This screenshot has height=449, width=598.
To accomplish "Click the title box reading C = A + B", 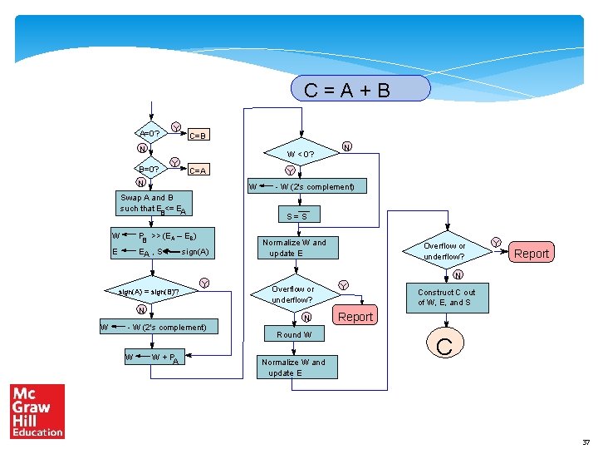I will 360,89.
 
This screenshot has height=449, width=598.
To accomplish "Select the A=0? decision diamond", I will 150,132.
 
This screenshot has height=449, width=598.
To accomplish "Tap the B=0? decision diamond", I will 150,168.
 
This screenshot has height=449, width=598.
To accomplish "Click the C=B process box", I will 199,135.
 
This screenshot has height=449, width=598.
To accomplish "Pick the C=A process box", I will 199,170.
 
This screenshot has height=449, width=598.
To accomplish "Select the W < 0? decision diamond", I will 300,154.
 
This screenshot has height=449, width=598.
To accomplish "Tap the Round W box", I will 295,334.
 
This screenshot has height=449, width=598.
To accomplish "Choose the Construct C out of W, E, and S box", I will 446,297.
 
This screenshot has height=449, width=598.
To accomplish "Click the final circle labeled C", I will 444,346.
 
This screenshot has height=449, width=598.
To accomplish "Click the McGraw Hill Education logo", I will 37,411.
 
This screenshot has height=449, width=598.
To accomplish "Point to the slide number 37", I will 586,441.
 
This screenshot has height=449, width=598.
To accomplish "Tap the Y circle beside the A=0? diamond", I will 176,126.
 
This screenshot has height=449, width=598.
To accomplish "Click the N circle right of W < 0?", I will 347,147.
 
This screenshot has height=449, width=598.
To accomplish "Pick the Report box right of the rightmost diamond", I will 532,253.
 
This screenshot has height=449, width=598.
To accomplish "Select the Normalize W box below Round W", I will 295,368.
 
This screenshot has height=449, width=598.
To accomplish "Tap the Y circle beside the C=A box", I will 175,161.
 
